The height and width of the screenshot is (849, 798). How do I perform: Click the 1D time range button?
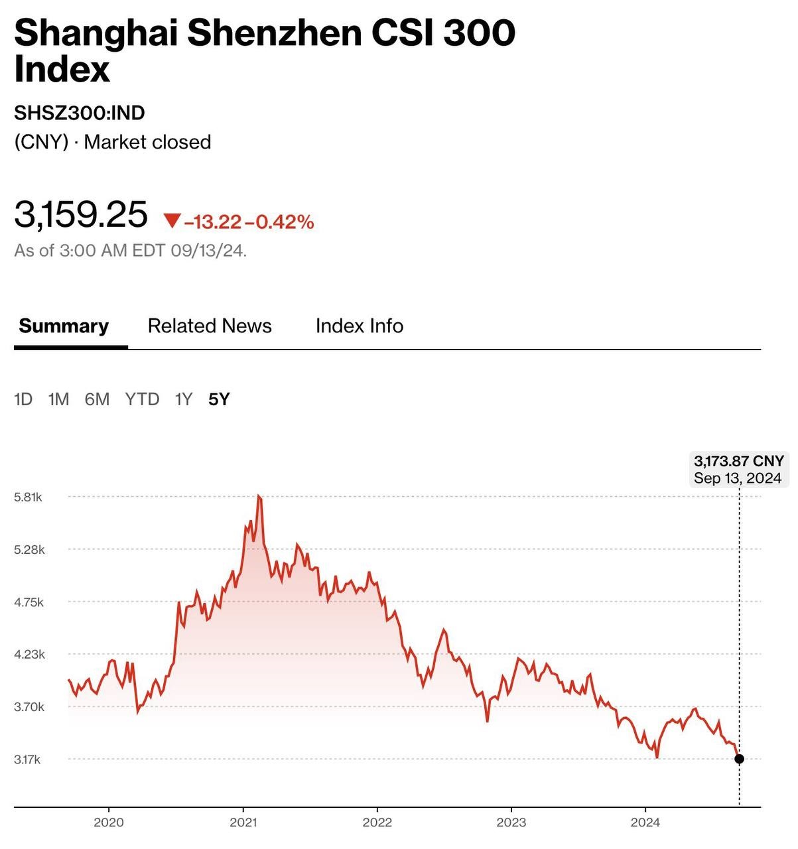23,399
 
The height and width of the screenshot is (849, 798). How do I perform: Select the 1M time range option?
58,399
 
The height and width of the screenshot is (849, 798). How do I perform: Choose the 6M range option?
97,399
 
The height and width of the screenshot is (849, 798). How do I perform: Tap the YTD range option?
142,399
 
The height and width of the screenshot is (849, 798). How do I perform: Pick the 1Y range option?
183,399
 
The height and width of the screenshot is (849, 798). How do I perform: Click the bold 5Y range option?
219,399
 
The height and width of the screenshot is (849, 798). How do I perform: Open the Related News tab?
210,326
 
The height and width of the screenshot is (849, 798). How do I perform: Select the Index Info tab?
359,326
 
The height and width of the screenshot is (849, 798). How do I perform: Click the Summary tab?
64,326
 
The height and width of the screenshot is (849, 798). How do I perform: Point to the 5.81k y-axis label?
28,497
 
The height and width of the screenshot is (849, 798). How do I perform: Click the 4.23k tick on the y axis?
29,655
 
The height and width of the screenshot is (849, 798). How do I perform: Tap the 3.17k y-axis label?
27,759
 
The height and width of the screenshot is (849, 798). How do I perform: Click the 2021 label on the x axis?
243,822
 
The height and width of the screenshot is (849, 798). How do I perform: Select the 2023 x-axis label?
511,822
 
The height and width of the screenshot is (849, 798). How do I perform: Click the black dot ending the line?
739,759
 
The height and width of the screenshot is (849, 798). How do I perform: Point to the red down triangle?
172,221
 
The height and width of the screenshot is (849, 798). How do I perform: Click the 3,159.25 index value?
81,215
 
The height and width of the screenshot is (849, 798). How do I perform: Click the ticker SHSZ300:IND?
80,113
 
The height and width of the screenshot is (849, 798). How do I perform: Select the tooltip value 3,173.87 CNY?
738,461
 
